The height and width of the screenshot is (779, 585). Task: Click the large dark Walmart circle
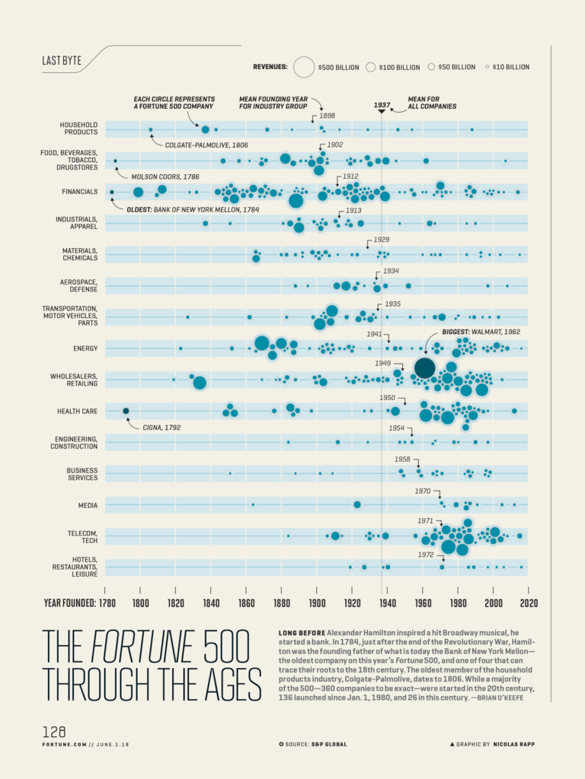pyautogui.click(x=424, y=368)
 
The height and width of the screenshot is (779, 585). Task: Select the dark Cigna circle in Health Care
pyautogui.click(x=126, y=411)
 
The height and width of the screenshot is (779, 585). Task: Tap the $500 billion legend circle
pyautogui.click(x=304, y=67)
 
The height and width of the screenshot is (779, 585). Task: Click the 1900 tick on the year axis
pyautogui.click(x=317, y=603)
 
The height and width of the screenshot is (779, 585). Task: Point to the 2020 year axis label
pyautogui.click(x=529, y=603)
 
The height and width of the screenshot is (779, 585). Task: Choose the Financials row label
pyautogui.click(x=80, y=192)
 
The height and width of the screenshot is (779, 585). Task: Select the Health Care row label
pyautogui.click(x=77, y=412)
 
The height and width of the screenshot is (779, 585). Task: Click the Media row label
pyautogui.click(x=88, y=505)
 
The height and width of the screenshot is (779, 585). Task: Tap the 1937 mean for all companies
pyautogui.click(x=382, y=106)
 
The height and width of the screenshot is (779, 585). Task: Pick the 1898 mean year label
pyautogui.click(x=328, y=116)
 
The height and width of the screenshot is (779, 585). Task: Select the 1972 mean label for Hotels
pyautogui.click(x=426, y=555)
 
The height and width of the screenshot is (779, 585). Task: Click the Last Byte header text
pyautogui.click(x=62, y=61)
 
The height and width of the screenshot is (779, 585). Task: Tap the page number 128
pyautogui.click(x=54, y=732)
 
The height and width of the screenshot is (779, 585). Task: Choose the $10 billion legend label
pyautogui.click(x=510, y=67)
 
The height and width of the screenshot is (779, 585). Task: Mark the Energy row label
pyautogui.click(x=85, y=348)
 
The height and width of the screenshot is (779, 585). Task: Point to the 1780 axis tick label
pyautogui.click(x=105, y=603)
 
